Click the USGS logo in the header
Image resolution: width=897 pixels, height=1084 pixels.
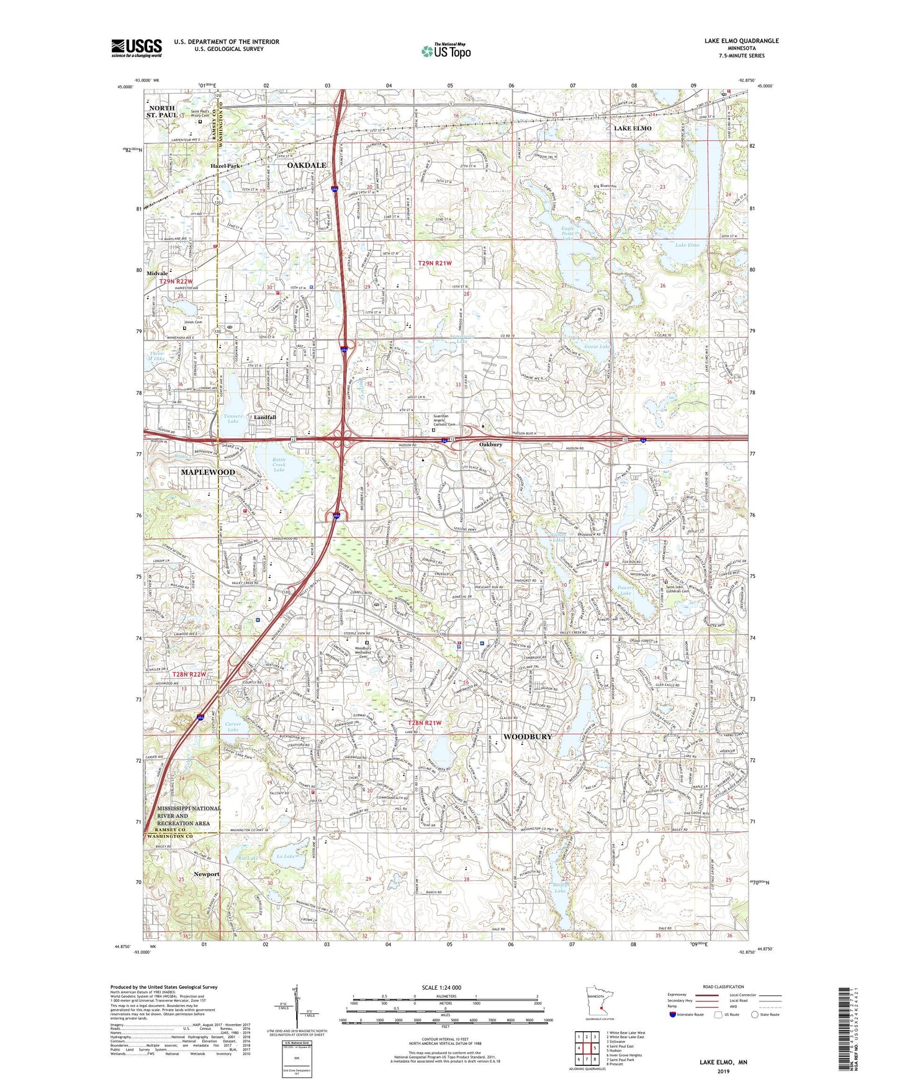coord(137,47)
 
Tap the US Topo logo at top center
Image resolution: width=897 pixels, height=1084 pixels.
coord(446,51)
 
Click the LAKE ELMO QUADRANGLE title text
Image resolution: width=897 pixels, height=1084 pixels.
coord(741,41)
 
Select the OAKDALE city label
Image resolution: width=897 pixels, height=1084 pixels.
coord(307,166)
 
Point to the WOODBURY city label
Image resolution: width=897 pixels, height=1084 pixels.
coord(527,736)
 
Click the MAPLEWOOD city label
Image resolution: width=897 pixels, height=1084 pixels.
coord(208,472)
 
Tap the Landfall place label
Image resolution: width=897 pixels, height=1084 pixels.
coord(265,417)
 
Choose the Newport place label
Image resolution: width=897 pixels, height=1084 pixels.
coord(206,874)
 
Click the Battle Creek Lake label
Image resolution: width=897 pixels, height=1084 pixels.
coord(279,465)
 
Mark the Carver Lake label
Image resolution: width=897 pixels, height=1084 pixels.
coord(232,726)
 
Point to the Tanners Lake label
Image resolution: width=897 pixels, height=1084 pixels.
coord(233,418)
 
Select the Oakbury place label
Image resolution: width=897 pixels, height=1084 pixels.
coord(490,445)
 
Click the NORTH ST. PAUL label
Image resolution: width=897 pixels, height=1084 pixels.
coord(161,112)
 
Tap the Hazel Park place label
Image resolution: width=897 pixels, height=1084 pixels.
coord(225,166)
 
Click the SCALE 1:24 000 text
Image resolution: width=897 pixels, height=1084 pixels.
coord(441,987)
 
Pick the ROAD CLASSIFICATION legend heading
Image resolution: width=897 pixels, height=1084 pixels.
coord(723,987)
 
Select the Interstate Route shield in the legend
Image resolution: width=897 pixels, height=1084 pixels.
coord(673,1014)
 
